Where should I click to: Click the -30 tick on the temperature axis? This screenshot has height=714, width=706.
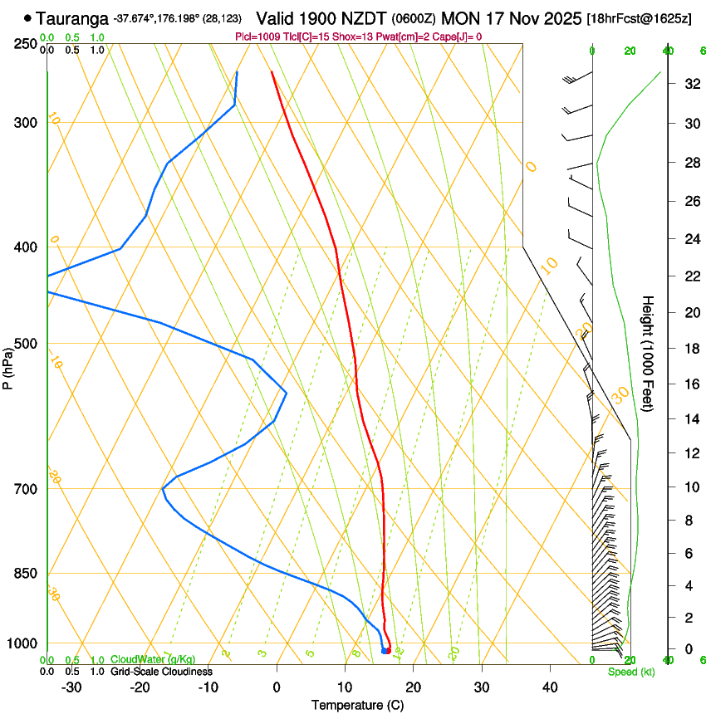[71, 687]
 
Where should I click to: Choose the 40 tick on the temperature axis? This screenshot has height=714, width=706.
[550, 687]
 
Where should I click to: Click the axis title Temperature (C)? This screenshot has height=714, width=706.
[357, 705]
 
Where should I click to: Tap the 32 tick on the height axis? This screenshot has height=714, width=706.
[689, 84]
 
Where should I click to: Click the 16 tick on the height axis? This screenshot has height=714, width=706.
[689, 384]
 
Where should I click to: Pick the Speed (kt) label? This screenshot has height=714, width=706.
[631, 672]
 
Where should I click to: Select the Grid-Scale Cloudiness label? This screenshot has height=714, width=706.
[161, 672]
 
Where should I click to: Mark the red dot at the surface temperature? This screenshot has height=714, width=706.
[388, 650]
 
